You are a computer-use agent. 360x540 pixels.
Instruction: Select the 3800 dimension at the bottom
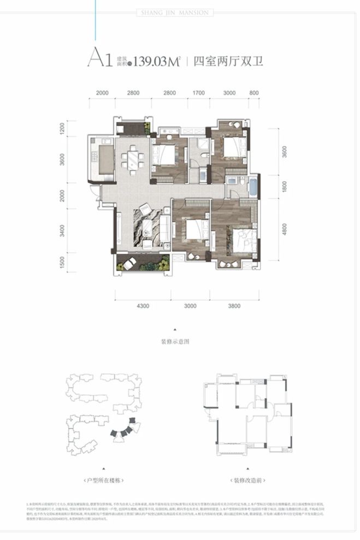[x=234, y=306]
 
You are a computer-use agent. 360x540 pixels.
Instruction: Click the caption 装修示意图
[x=175, y=342]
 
